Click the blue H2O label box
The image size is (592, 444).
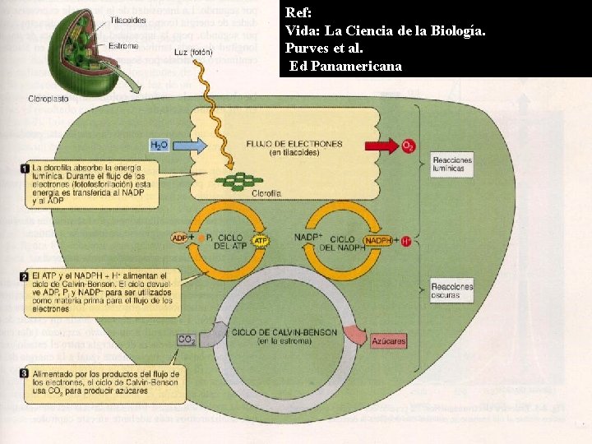pyautogui.click(x=158, y=145)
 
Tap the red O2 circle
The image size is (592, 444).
pyautogui.click(x=408, y=146)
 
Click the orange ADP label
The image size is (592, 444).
pyautogui.click(x=179, y=238)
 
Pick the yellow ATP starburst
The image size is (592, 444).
pyautogui.click(x=260, y=242)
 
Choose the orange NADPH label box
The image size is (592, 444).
pyautogui.click(x=377, y=240)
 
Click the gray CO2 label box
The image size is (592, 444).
pyautogui.click(x=187, y=339)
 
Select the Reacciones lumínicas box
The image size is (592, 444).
pyautogui.click(x=451, y=164)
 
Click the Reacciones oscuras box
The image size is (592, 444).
pyautogui.click(x=451, y=291)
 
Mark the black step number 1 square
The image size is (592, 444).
pyautogui.click(x=25, y=169)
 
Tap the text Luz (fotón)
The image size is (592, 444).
pyautogui.click(x=194, y=53)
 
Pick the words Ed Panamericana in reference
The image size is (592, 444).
pyautogui.click(x=346, y=65)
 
